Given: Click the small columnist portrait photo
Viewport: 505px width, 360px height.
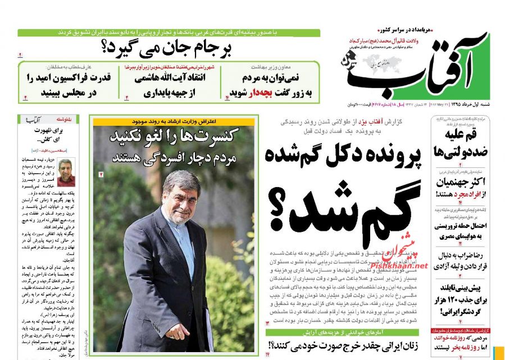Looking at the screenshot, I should coord(66,172).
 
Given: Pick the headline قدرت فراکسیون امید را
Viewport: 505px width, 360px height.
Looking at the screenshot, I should coord(69,78).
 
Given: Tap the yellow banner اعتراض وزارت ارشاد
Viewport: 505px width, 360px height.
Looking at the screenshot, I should coord(174,121).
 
